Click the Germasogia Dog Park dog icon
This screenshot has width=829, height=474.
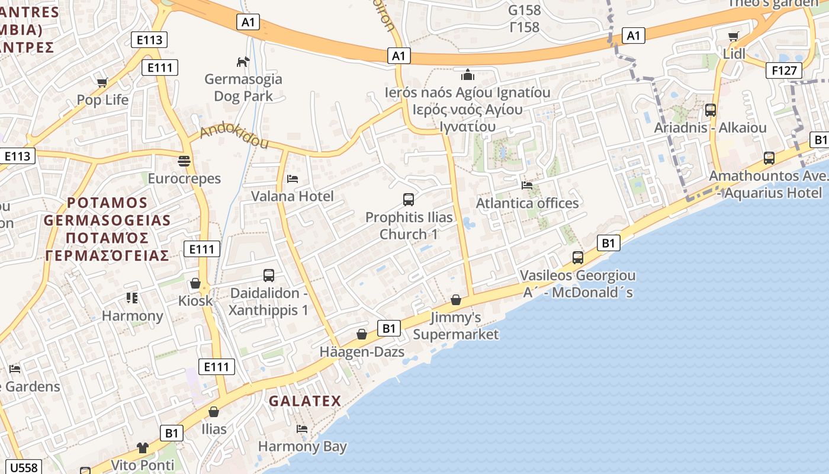[x=243, y=61]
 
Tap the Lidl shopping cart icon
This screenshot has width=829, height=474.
[x=734, y=36]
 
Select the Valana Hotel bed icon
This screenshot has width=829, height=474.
[x=293, y=178]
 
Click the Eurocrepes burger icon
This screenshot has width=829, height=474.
[x=184, y=161]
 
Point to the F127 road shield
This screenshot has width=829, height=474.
[x=783, y=71]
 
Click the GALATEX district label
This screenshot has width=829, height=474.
[x=305, y=401]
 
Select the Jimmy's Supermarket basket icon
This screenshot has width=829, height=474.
[x=456, y=300]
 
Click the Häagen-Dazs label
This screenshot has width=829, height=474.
[x=362, y=351]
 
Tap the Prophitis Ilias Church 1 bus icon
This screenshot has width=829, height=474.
[x=409, y=199]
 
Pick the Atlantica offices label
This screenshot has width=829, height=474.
[x=527, y=203]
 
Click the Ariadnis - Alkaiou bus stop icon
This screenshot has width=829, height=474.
[x=711, y=110]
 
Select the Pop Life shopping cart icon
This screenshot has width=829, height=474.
[x=102, y=82]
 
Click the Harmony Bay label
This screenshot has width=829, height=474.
[x=302, y=446]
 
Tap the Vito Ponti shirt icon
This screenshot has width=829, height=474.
[x=143, y=447]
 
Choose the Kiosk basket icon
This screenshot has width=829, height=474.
[x=195, y=283]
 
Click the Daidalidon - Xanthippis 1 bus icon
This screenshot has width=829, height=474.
[x=269, y=275]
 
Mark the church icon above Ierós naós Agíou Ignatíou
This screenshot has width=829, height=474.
[x=468, y=75]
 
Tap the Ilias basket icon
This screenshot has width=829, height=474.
[x=214, y=411]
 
